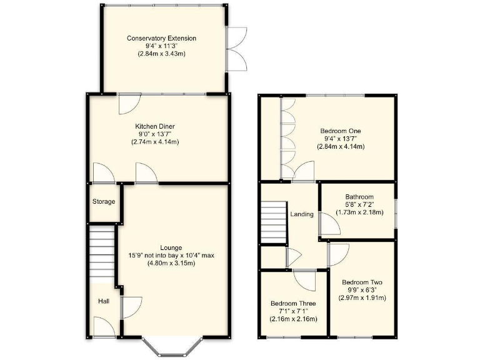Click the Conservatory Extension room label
point(161,39)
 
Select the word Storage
point(104,202)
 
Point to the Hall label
point(103,301)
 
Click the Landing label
point(302,214)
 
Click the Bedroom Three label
point(293,304)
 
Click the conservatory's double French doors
point(237,48)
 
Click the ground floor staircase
point(102,252)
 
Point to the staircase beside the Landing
point(273,222)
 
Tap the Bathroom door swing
point(326,224)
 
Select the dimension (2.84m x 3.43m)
point(161,54)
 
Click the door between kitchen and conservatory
point(129,102)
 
